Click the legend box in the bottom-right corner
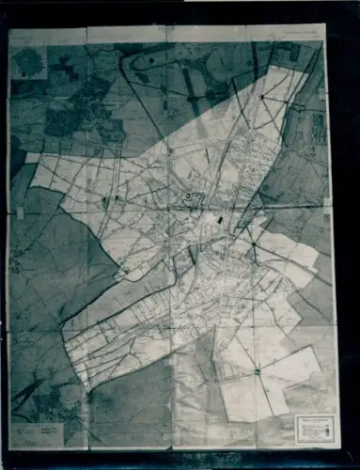[316, 430]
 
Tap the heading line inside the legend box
[316, 419]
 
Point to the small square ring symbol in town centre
[188, 196]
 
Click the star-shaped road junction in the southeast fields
[257, 372]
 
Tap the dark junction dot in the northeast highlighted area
[260, 97]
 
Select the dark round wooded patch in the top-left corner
[29, 61]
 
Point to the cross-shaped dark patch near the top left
[65, 68]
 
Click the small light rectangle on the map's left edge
[20, 213]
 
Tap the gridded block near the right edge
[319, 128]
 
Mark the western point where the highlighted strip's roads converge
[65, 329]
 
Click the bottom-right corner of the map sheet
[339, 447]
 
